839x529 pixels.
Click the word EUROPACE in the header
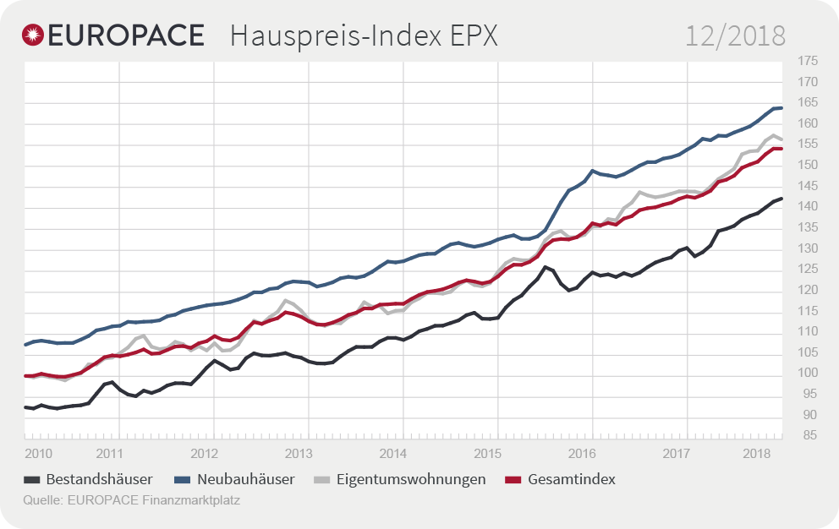[126, 35]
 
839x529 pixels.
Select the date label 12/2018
[735, 36]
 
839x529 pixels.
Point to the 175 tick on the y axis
[807, 61]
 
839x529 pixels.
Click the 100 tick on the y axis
[807, 374]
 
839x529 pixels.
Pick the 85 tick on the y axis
[807, 436]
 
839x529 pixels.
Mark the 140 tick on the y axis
[807, 207]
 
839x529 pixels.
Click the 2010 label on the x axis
[39, 453]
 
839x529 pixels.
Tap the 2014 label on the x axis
[393, 453]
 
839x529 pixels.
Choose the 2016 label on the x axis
[583, 453]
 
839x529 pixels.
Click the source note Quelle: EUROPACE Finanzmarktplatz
[132, 500]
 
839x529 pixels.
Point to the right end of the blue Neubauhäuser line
[782, 107]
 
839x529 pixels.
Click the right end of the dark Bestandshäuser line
[782, 199]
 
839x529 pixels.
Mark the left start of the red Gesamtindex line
[25, 375]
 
